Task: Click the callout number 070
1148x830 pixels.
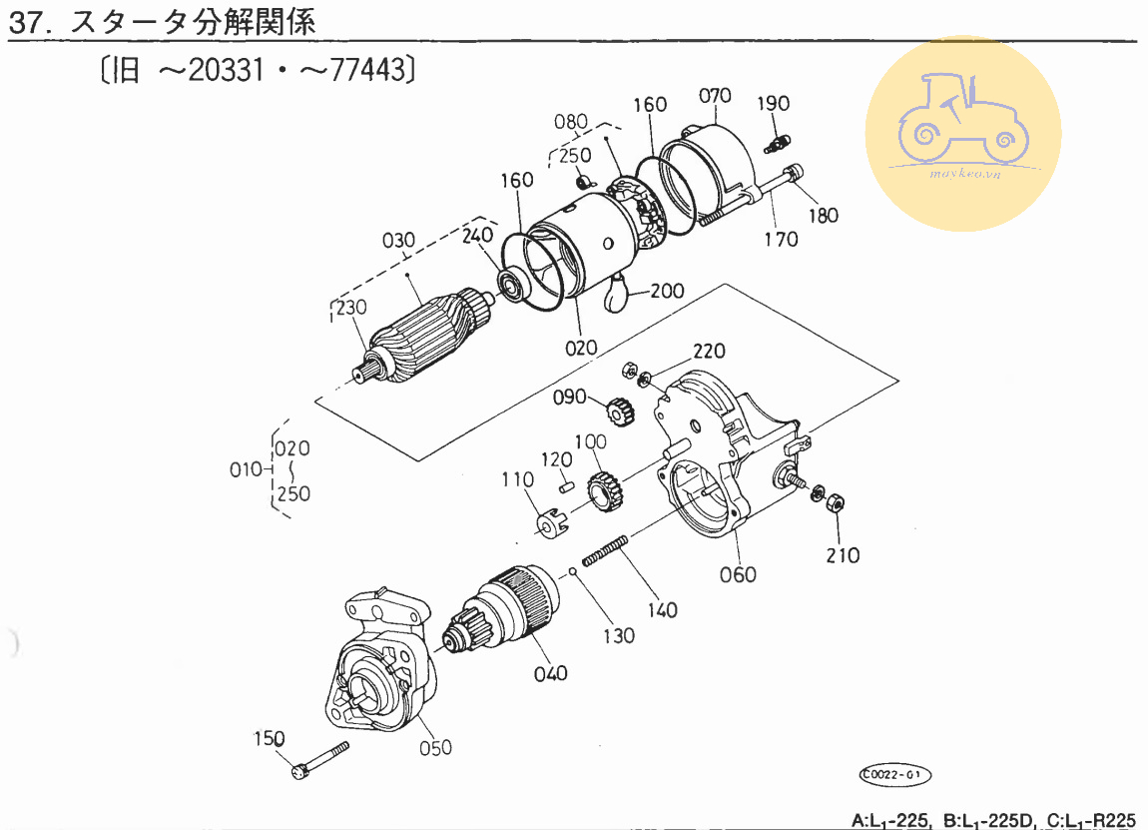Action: pos(715,96)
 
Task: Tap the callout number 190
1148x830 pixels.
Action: pos(773,103)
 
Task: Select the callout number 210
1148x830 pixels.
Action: pos(843,556)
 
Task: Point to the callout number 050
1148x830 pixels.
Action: pos(435,748)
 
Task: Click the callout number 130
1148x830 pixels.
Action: pos(619,636)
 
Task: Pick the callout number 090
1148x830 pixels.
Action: pos(570,398)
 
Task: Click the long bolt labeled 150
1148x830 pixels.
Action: pos(320,760)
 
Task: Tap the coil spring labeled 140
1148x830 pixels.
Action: pos(606,551)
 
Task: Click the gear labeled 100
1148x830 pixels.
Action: pos(606,491)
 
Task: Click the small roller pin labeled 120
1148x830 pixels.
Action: pos(566,485)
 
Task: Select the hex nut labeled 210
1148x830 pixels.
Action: pos(835,503)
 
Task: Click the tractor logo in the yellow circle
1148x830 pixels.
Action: pos(963,118)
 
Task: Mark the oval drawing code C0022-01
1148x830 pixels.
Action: pos(894,774)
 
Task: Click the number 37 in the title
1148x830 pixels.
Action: pos(26,23)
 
